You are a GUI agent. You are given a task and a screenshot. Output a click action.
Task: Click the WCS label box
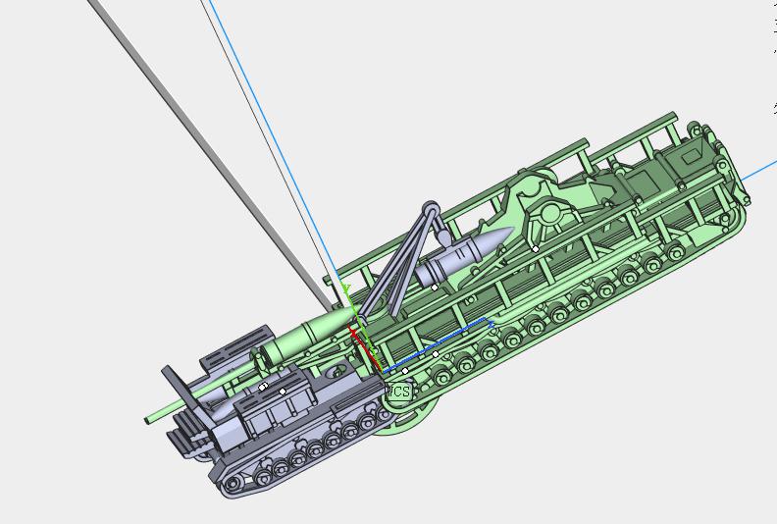click(x=398, y=392)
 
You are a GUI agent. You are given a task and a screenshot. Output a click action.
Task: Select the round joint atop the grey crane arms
click(x=430, y=209)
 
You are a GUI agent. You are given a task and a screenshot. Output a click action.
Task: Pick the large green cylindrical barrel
click(x=309, y=334)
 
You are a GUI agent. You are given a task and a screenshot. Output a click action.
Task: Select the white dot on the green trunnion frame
click(x=535, y=249)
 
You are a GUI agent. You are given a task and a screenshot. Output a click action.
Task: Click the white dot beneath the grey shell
click(x=435, y=288)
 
